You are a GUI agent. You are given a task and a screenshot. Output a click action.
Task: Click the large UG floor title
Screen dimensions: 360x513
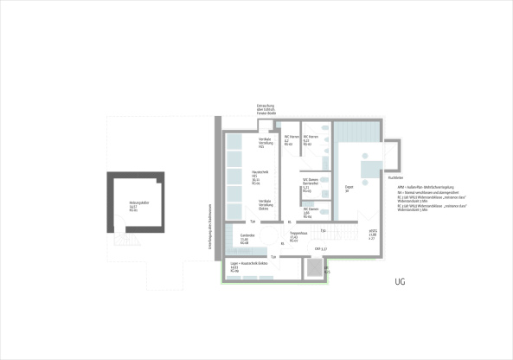(x=400, y=282)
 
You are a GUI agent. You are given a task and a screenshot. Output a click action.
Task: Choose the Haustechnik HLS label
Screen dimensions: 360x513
(x=256, y=177)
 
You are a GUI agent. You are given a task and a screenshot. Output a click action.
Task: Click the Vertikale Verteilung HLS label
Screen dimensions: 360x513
(x=266, y=143)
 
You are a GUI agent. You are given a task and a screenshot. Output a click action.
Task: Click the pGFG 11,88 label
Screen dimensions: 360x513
(x=372, y=233)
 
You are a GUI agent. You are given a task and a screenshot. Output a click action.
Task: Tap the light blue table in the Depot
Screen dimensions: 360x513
(x=366, y=170)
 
